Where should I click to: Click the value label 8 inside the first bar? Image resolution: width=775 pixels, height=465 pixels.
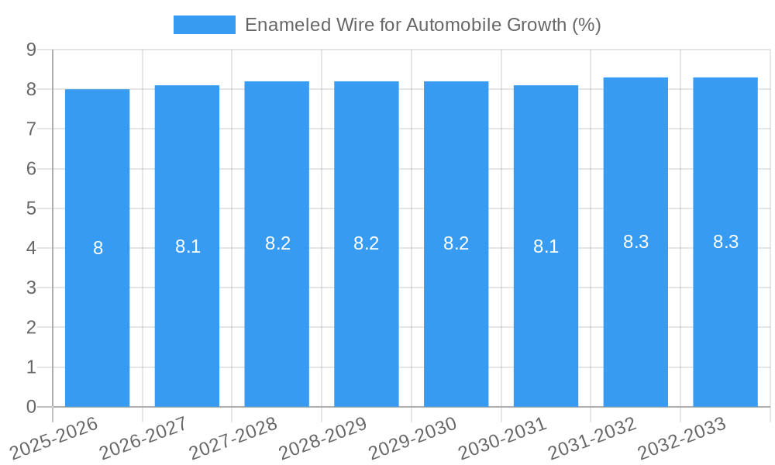98,248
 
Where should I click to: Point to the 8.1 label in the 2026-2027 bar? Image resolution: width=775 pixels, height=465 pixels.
188,246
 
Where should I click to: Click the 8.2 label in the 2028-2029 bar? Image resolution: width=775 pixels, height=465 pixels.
367,243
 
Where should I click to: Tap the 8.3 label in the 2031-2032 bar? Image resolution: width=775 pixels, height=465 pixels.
635,242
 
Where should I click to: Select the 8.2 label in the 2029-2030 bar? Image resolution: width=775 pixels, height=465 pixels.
456,243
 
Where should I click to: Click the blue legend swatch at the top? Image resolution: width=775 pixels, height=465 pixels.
204,25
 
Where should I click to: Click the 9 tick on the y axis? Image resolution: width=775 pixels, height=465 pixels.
32,50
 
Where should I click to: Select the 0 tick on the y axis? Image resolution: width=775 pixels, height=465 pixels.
32,407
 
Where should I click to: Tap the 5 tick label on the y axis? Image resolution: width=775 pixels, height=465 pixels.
32,208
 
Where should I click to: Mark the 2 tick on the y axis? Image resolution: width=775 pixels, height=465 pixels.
32,328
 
